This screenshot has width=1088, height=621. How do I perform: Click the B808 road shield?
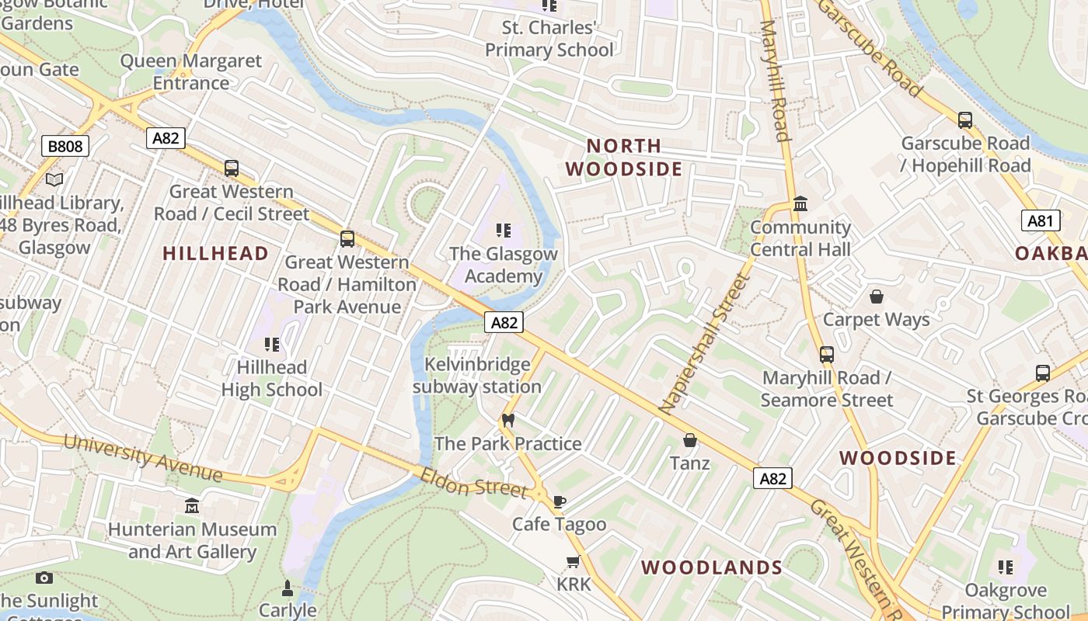point(65,146)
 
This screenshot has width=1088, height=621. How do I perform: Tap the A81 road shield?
point(1040,221)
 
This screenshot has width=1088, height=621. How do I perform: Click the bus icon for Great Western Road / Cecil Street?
point(231,168)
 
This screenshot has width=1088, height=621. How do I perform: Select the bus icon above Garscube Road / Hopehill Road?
point(964,120)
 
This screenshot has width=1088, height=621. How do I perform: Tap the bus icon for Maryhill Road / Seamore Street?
point(826,355)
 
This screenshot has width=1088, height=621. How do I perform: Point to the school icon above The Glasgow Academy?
point(504,231)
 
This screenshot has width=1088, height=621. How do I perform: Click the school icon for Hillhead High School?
point(271,344)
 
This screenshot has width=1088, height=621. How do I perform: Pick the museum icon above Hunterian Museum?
point(192,506)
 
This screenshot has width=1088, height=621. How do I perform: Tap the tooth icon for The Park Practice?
point(508,421)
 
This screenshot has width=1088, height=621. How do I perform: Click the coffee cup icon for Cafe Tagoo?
point(559,501)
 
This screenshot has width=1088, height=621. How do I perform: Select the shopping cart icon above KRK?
point(574,561)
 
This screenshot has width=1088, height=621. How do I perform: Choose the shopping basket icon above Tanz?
point(689,440)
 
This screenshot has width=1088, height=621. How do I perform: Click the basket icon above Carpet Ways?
point(876,297)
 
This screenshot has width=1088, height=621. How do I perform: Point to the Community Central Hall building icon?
point(800,204)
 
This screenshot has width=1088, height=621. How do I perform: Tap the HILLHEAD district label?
point(215,253)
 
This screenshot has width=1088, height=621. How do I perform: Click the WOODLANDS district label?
point(711,567)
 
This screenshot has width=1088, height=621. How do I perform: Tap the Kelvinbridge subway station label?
point(477,376)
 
